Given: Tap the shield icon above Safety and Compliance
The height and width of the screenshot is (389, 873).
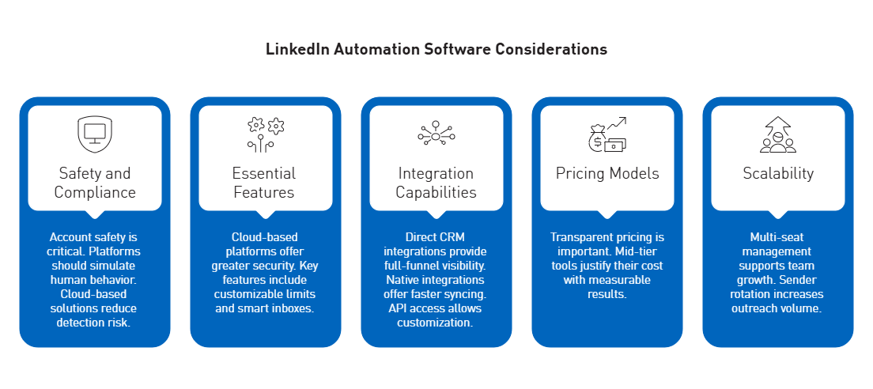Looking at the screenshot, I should (94, 135).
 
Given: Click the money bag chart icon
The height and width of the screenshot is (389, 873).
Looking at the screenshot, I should (607, 135).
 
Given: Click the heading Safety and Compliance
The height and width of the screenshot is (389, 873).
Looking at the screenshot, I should (95, 183).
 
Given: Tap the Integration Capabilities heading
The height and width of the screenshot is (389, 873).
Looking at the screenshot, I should (436, 183).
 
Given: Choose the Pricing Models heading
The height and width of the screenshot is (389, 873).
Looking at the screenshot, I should (607, 173).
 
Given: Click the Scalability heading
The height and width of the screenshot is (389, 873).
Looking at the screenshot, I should (777, 173).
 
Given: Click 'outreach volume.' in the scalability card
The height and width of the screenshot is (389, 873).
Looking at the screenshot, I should (777, 308).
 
